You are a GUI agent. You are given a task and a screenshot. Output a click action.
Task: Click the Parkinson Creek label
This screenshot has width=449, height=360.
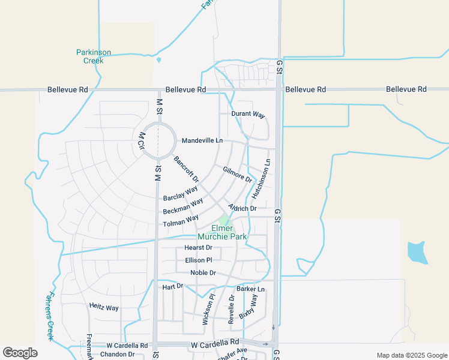[94, 56]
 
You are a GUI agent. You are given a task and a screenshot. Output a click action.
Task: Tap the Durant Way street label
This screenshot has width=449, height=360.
[249, 114]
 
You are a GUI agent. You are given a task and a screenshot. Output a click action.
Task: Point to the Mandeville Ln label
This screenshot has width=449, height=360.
[202, 140]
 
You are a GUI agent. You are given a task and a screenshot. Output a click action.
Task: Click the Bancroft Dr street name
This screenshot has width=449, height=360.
[186, 169]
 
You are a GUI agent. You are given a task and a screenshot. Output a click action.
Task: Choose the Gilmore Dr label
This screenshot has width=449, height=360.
[238, 175]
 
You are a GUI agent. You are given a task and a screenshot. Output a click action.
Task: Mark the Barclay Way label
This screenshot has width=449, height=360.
[180, 194]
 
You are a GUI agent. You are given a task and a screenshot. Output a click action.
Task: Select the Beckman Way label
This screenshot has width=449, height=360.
[182, 207]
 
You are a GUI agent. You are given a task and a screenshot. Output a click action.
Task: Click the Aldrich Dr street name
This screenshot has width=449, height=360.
[243, 208]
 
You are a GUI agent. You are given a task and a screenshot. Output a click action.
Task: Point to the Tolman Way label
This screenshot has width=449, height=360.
[181, 221]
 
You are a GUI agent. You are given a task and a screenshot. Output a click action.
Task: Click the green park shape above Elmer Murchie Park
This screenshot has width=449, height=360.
[224, 220]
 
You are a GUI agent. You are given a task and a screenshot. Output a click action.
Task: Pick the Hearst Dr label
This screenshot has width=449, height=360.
[198, 247]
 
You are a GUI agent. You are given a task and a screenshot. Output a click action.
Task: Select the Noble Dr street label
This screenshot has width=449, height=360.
[203, 273]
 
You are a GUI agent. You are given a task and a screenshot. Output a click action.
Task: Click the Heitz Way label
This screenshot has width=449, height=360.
[104, 307]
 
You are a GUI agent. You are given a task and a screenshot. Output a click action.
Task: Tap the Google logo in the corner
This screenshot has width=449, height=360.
[20, 353]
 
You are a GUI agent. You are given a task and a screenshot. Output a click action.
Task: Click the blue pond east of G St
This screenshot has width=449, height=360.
[417, 252]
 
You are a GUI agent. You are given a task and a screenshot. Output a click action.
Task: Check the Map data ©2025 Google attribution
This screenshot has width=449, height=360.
[411, 355]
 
